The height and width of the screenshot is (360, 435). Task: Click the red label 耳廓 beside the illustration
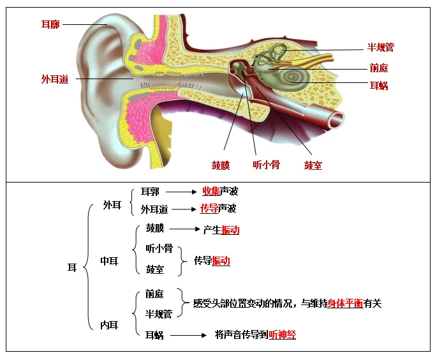point(50,24)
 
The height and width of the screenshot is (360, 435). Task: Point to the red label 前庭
point(379,68)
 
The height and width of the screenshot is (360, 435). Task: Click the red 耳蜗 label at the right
point(379,86)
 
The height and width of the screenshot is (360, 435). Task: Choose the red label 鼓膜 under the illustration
point(221,165)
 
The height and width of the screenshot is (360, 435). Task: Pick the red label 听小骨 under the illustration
point(266,165)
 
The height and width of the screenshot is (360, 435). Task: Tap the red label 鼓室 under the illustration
point(313,165)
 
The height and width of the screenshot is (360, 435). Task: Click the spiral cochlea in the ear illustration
point(297,79)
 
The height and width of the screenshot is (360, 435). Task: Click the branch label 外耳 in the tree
point(112,205)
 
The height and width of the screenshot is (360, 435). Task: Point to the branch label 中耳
point(110,261)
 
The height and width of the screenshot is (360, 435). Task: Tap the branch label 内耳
point(110,325)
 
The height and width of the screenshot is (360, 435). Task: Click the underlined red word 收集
point(210,191)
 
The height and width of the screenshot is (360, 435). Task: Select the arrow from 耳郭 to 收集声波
point(183,191)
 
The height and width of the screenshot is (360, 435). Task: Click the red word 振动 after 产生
point(230,230)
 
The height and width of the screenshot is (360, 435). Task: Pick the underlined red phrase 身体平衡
point(345,304)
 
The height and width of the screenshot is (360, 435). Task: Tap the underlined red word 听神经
point(282,334)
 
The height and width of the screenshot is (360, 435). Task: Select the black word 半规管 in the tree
point(159,314)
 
